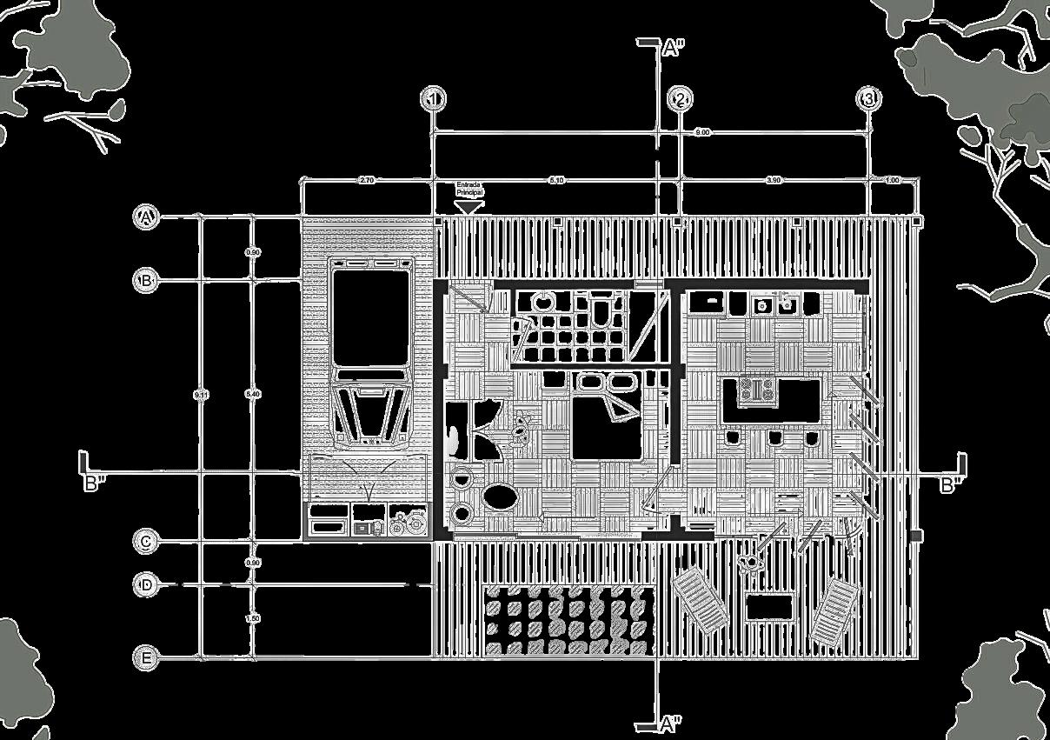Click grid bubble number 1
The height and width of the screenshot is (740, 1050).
tap(433, 99)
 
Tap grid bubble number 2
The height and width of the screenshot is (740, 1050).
tap(681, 99)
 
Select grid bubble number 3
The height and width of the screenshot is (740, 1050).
tap(869, 99)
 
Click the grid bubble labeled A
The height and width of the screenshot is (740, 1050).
tap(147, 217)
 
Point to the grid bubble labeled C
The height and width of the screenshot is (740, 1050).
tap(147, 542)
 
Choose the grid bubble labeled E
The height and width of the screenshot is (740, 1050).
tap(147, 659)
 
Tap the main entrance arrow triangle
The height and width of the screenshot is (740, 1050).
tap(469, 207)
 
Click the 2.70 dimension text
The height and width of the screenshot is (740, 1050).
tap(366, 180)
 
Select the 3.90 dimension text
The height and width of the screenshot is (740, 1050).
tap(774, 180)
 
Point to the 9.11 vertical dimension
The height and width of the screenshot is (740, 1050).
tap(201, 395)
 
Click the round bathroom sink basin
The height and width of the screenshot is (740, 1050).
tap(543, 303)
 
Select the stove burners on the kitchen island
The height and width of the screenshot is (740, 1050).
tap(756, 390)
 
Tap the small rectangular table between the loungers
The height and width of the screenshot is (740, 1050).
tap(769, 606)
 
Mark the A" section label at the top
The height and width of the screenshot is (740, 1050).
tap(673, 49)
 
